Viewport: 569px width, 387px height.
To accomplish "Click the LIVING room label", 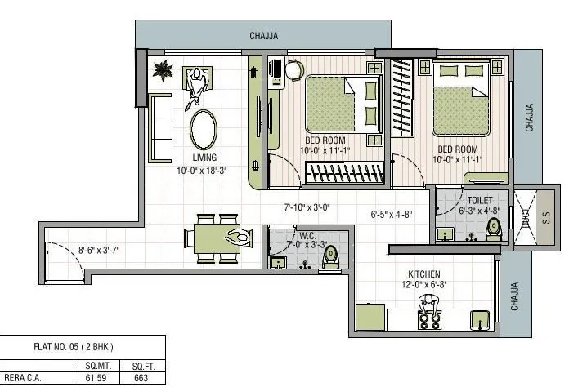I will point(204,158).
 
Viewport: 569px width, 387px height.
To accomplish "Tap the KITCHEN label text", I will point(424,274).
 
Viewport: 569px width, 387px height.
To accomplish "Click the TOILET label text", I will point(480,200).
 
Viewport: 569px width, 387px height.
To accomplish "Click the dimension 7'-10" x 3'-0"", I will point(307,207).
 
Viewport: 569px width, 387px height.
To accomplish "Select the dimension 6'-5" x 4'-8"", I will point(391,215).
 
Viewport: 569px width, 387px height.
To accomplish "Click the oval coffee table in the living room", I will point(204,128).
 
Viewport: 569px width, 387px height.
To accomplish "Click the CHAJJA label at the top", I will point(264,35).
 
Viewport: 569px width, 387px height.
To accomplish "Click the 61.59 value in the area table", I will point(85,378).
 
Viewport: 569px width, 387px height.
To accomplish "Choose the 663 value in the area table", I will point(140,378).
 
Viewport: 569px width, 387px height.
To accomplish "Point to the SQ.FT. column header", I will point(140,366).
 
